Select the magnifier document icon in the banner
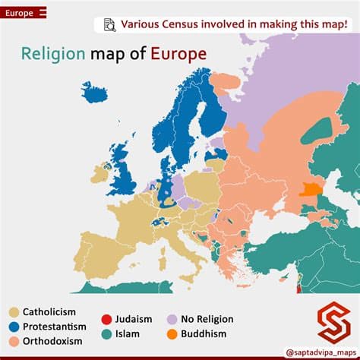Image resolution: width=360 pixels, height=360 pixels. coord(109,25)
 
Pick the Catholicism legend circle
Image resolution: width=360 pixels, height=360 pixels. coord(13,311)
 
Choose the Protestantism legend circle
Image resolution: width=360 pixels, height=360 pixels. coord(13,327)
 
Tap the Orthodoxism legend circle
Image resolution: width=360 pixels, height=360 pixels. coord(13,341)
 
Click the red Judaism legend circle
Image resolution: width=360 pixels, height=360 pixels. coord(106,320)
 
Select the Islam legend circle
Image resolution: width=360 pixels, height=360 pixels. coord(106,333)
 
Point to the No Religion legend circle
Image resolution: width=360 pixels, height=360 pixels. coord(172,320)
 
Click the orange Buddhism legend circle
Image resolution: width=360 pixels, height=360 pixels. coord(172,333)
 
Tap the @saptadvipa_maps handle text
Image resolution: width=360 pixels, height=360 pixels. coord(318,352)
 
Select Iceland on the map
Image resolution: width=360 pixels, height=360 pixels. coord(96,93)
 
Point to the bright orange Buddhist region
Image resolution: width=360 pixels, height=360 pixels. coord(310,188)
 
